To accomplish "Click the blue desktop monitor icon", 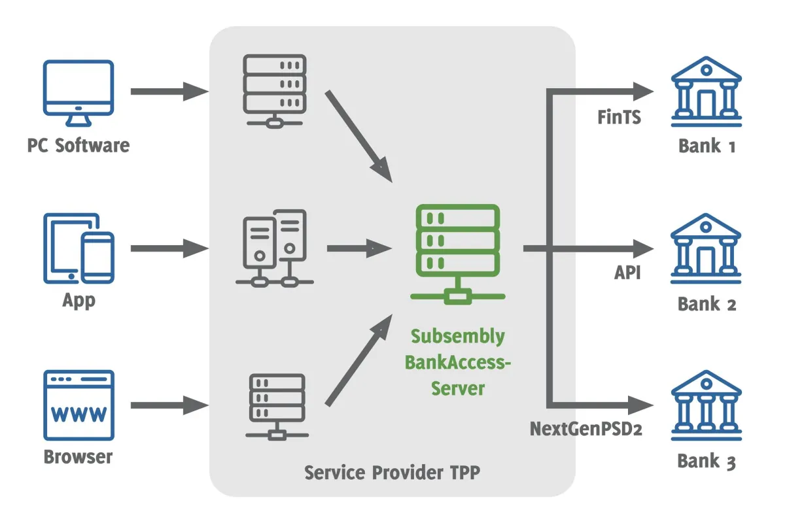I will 78,92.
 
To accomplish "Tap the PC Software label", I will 78,145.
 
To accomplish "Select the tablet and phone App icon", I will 78,248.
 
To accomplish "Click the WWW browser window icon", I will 78,405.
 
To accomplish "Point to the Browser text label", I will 78,456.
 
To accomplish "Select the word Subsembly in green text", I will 458,337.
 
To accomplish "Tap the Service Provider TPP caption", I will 392,472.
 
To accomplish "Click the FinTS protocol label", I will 619,118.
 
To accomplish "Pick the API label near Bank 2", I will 627,273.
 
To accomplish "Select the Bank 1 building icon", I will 706,91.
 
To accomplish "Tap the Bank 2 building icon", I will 706,248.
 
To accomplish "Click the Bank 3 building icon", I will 706,405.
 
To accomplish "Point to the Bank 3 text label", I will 706,461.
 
